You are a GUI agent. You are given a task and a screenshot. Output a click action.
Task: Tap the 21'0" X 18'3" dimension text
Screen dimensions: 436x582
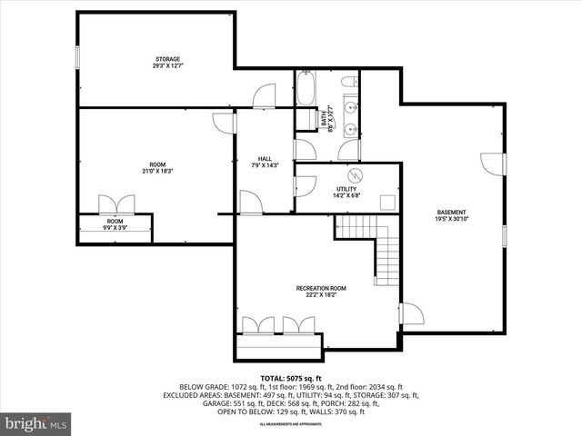156,171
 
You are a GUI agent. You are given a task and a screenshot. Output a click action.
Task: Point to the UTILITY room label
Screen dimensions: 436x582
346,189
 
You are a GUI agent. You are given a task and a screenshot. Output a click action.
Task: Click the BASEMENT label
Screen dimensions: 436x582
450,213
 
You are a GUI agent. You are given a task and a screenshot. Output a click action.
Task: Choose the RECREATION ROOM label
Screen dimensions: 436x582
316,288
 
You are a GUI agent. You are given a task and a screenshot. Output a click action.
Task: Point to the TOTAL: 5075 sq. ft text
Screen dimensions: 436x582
291,378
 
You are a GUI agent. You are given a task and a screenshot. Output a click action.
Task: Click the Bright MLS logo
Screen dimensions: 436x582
36,423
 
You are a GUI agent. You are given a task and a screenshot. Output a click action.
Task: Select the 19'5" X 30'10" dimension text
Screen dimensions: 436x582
450,219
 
